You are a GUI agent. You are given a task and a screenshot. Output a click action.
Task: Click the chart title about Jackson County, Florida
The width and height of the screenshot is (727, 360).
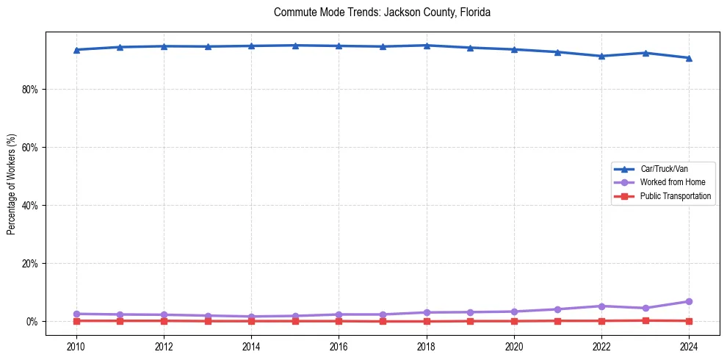(382, 12)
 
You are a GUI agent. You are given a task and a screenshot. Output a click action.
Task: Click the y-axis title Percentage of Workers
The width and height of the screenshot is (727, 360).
(11, 184)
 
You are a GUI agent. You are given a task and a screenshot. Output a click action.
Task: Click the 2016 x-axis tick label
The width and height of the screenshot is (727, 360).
(339, 346)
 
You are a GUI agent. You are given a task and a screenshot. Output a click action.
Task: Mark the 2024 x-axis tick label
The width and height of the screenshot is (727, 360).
(689, 346)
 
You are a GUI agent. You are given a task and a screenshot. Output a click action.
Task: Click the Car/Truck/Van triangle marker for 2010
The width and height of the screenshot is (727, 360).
(76, 50)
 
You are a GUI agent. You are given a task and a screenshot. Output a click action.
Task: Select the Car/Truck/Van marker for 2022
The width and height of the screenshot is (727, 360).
(601, 56)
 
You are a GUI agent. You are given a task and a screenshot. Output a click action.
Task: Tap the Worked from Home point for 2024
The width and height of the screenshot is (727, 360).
(689, 302)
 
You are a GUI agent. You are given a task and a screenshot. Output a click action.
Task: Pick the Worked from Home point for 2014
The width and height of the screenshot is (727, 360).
(251, 317)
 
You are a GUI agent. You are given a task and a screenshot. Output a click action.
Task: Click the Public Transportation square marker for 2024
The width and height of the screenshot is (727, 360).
(689, 321)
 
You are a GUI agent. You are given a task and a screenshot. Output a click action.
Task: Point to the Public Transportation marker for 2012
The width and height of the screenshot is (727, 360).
(164, 320)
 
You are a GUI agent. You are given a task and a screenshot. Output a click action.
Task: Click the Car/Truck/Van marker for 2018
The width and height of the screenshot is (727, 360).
(427, 46)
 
